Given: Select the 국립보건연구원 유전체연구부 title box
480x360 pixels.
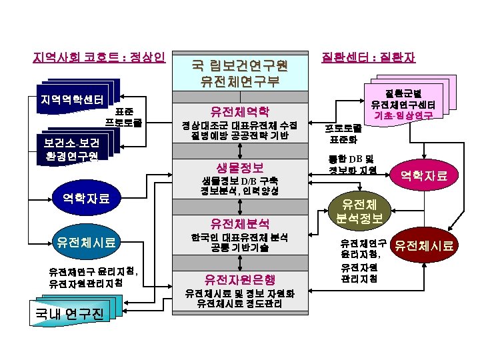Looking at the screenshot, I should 239,73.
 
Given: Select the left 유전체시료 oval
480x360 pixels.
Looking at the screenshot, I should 86,242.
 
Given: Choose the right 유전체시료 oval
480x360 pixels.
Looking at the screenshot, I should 425,247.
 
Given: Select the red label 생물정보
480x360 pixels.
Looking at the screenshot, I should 239,167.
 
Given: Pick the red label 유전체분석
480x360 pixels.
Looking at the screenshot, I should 239,223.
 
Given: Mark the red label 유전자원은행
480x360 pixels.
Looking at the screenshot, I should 239,279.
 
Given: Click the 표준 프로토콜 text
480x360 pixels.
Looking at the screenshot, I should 123,117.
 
